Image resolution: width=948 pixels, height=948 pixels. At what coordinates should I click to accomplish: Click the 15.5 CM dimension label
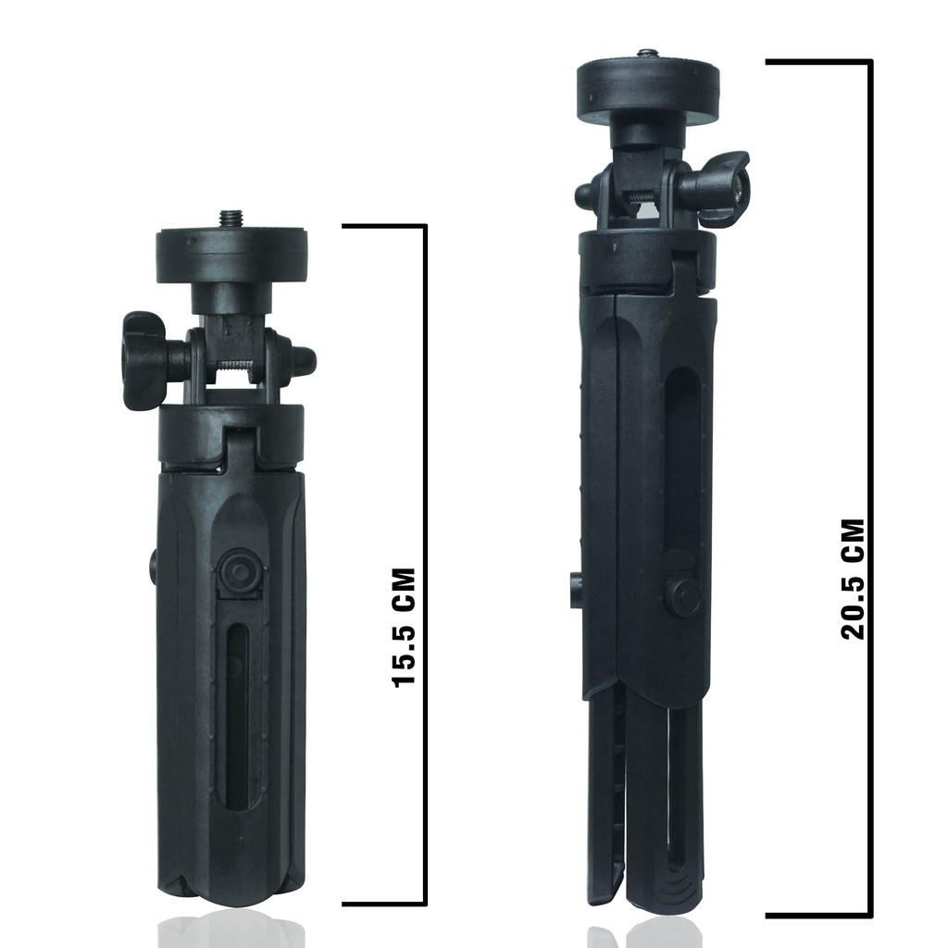(x=404, y=627)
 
